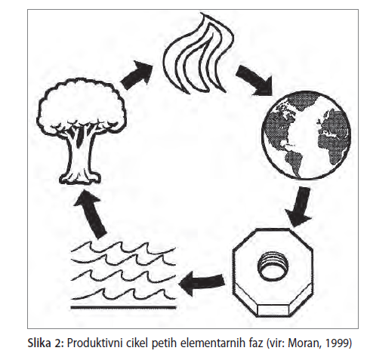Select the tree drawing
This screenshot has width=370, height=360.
(x=81, y=131)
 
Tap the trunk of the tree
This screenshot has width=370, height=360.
(x=80, y=156)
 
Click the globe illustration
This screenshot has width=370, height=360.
(x=306, y=136)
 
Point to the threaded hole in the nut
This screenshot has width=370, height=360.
(x=273, y=266)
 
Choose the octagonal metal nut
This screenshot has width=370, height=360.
(x=273, y=272)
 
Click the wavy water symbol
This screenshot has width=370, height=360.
(x=123, y=272)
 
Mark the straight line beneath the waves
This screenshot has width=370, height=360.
(x=123, y=307)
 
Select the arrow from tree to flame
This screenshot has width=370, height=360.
(x=137, y=75)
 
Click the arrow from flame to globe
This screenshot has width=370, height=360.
(x=254, y=80)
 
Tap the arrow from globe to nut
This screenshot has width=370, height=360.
(x=300, y=206)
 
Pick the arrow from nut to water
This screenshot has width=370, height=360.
(x=202, y=282)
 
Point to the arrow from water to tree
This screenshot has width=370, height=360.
(x=90, y=214)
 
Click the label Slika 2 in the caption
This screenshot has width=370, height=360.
(x=45, y=343)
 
